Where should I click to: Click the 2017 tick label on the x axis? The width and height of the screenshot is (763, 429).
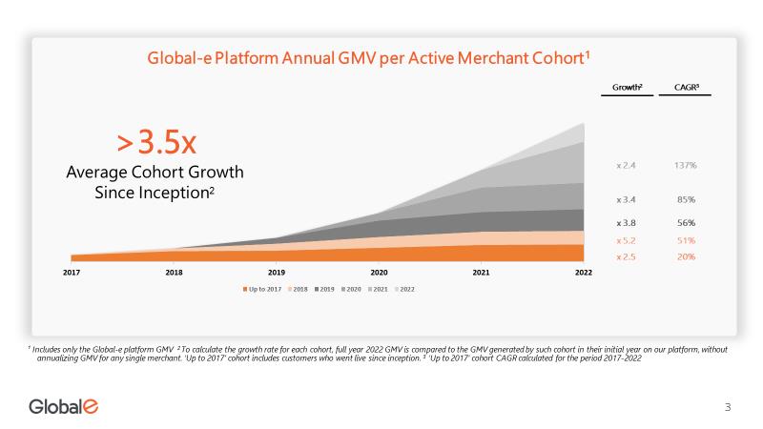(72, 272)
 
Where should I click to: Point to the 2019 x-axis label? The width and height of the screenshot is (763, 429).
(277, 272)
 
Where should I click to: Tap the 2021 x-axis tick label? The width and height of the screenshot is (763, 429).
(482, 272)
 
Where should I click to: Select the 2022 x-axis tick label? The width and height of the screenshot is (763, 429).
(584, 272)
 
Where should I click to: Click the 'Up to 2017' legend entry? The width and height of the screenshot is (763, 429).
(261, 288)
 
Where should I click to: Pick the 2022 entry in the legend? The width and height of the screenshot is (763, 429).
(406, 288)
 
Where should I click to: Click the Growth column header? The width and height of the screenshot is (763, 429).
(627, 88)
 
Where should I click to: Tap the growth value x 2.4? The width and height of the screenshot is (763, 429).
(627, 165)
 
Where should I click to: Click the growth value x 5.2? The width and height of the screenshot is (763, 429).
(627, 240)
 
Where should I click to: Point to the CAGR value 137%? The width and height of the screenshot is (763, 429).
(685, 165)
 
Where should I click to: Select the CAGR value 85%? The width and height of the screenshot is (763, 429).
(685, 200)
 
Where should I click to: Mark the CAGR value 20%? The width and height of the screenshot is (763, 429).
(685, 256)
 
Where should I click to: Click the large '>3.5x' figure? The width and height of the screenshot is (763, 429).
(156, 143)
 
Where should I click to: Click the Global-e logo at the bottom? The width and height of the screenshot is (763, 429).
(63, 407)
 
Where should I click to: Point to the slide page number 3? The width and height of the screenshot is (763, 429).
(728, 408)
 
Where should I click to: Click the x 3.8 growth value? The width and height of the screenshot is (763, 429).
(627, 222)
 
